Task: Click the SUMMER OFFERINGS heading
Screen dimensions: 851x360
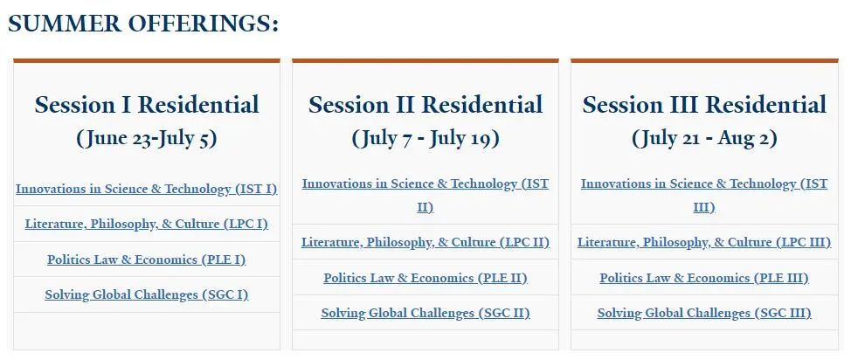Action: [x=143, y=24]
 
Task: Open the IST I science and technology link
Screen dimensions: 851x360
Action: [x=147, y=189]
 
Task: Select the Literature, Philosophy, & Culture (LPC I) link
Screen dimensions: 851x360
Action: [x=147, y=224]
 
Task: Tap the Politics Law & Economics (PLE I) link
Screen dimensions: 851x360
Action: [x=147, y=260]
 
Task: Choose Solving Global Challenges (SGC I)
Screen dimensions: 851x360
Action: [x=147, y=294]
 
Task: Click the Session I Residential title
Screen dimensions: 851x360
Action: [x=147, y=105]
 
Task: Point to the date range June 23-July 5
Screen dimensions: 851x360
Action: [x=147, y=138]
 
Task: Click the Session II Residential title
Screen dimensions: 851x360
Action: [x=425, y=105]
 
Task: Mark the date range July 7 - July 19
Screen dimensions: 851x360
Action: [x=425, y=138]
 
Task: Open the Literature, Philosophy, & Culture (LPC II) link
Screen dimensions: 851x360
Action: [x=425, y=242]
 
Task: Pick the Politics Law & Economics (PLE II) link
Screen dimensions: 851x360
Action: [x=425, y=278]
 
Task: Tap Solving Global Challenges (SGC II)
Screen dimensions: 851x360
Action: [x=425, y=314]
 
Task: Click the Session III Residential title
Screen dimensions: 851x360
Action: [x=704, y=105]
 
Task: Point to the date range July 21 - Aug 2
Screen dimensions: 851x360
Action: [x=704, y=138]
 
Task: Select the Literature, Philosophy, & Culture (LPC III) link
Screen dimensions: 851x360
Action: [x=704, y=242]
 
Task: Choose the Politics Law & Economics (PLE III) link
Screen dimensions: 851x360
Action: [x=704, y=278]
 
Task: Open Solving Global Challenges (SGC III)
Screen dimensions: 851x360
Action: [x=704, y=314]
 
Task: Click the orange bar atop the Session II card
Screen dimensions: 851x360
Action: [x=425, y=60]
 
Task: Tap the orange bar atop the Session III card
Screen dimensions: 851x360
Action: [x=704, y=60]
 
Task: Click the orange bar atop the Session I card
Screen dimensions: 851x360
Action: [x=147, y=60]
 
